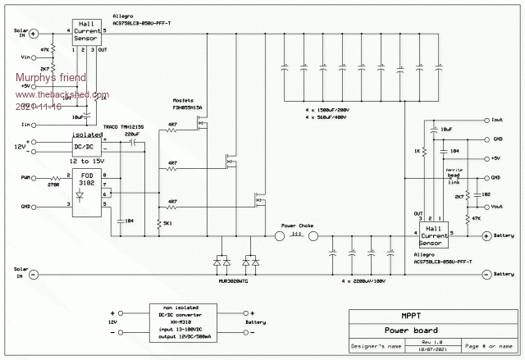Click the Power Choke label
[298, 225]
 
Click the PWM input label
[25, 176]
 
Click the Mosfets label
[185, 99]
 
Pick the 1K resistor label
[416, 151]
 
